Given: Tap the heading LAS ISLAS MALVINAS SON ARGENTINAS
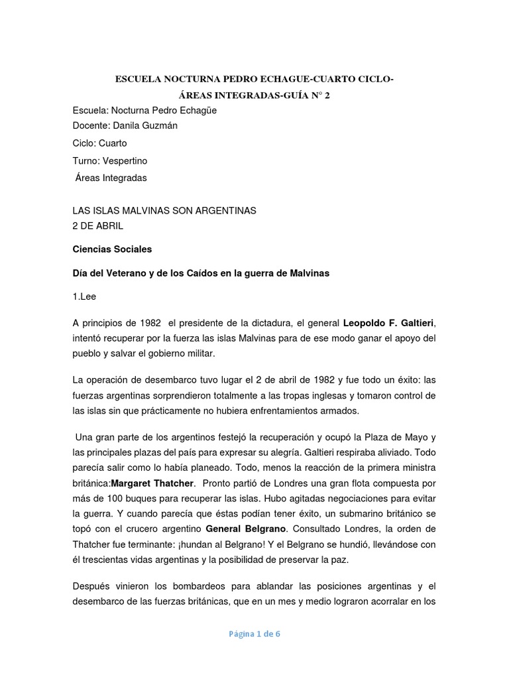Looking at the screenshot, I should click(x=164, y=210).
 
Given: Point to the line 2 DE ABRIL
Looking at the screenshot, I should click(x=97, y=225).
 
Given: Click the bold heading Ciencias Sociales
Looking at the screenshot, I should click(x=112, y=249).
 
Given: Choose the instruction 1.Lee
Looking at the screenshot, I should click(x=84, y=296).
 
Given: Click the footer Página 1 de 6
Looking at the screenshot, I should click(x=254, y=633).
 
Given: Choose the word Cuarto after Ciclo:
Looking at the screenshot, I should click(x=113, y=143).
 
